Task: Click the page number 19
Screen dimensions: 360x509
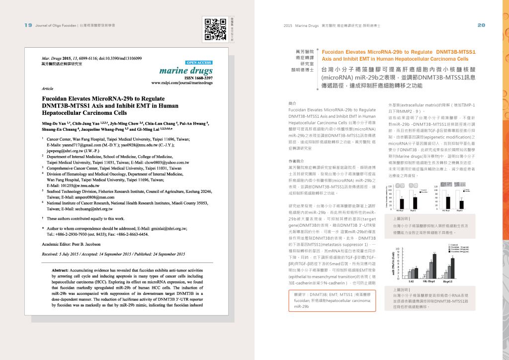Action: tap(28, 25)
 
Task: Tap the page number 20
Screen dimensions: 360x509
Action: tap(481, 25)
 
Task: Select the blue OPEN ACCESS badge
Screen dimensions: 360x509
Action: tap(199, 63)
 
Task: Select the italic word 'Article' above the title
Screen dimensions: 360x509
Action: tap(48, 88)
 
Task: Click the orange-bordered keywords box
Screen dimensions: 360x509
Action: tap(332, 300)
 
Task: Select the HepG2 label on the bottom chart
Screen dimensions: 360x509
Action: tap(448, 281)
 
